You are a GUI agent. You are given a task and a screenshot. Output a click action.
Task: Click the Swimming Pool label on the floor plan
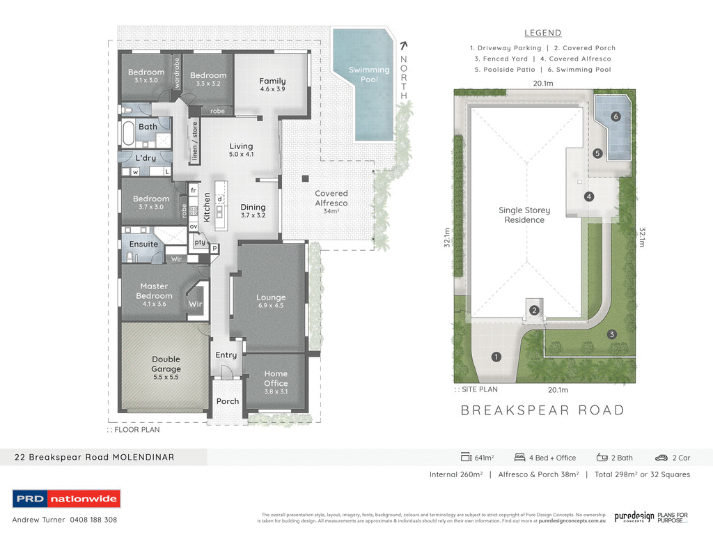click(369, 75)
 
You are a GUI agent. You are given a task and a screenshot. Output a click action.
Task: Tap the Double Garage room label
click(166, 364)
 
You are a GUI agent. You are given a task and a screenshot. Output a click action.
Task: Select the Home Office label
click(276, 383)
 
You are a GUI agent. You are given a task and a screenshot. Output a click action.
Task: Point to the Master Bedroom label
click(154, 291)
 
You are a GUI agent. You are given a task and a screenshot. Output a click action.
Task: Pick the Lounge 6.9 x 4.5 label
click(271, 302)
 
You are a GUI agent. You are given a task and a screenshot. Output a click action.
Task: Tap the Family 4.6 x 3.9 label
click(272, 85)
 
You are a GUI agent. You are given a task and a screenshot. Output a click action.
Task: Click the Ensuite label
click(143, 245)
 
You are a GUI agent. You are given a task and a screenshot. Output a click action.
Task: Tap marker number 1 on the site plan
click(496, 357)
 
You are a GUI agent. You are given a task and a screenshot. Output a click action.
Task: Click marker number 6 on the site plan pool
click(616, 117)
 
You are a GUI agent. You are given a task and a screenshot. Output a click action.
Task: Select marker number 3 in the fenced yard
click(611, 334)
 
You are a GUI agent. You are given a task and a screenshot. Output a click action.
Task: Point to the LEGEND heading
click(542, 33)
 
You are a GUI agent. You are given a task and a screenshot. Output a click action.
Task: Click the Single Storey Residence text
click(524, 215)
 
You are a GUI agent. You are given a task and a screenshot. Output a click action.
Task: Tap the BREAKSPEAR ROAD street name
click(542, 410)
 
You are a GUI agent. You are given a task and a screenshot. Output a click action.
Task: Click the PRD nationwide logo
click(66, 499)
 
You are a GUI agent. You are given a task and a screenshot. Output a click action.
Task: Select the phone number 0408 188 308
click(94, 520)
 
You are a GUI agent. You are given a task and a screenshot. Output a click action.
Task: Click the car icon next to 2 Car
click(661, 458)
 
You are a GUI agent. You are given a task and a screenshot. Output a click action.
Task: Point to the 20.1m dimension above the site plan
click(543, 84)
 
